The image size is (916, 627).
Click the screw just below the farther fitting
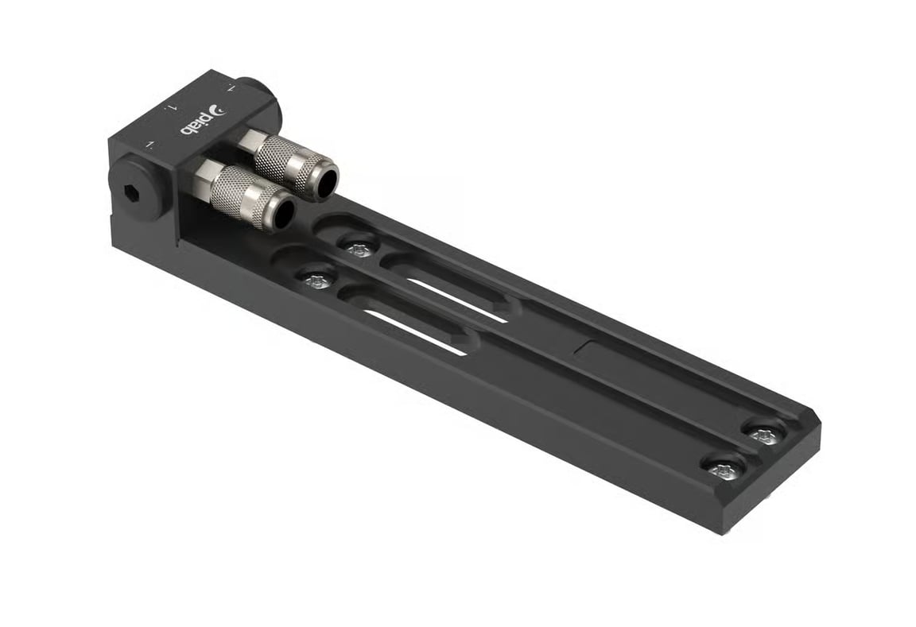click(359, 250)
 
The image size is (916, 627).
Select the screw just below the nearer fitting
click(318, 281)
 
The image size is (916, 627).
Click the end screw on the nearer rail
click(725, 470)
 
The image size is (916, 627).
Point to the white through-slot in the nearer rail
click(414, 331)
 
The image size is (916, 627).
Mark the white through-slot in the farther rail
click(456, 300)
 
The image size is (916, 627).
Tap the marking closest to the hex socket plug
click(149, 144)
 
